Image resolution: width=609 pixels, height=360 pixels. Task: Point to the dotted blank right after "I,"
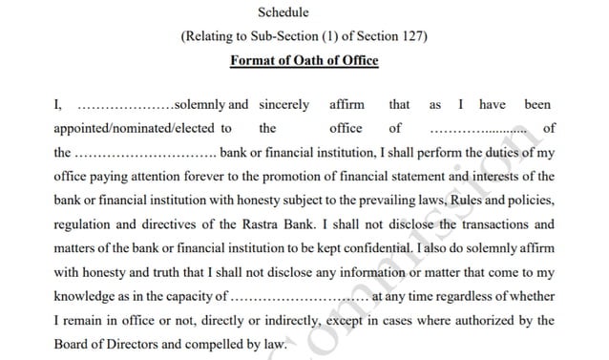[122, 105]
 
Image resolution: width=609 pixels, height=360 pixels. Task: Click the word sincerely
[283, 104]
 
